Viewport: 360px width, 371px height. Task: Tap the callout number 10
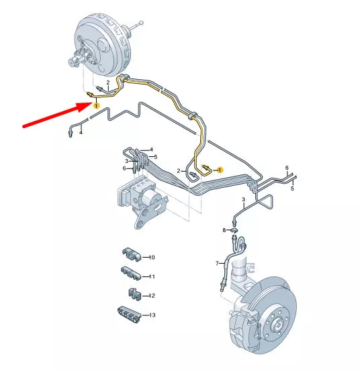point(151,257)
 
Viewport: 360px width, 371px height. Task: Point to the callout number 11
point(151,276)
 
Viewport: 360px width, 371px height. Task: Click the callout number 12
point(151,295)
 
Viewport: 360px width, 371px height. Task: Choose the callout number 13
point(151,315)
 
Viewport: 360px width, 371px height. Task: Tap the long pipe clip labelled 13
point(129,314)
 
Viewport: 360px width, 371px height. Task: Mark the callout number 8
point(225,230)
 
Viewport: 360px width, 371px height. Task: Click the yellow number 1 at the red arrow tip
point(96,105)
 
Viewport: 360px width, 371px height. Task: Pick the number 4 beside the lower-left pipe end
point(81,132)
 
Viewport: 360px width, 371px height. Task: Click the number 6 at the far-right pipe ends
point(287,167)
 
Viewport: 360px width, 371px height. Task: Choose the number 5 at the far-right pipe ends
point(292,189)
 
